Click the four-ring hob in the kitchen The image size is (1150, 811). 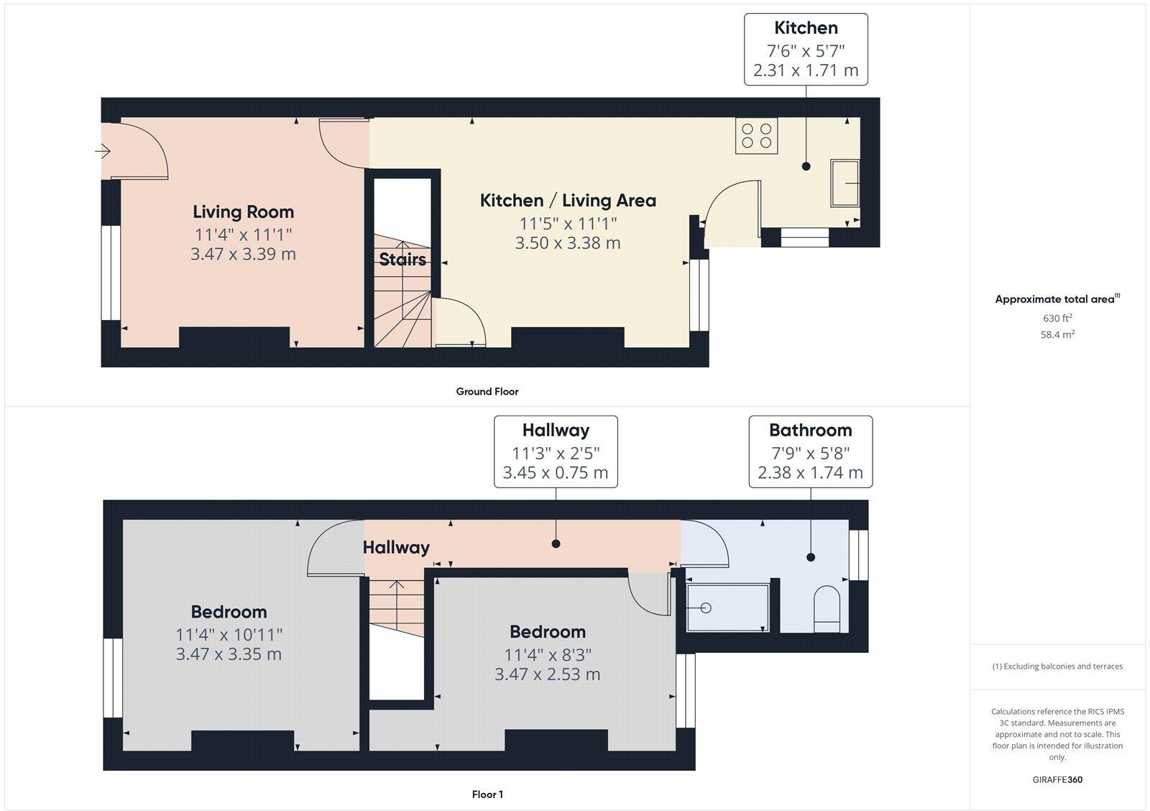tap(756, 137)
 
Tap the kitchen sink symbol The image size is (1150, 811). tap(845, 183)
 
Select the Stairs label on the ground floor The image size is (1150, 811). tap(402, 260)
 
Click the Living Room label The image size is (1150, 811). tap(243, 212)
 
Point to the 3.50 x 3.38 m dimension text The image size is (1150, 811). tap(567, 243)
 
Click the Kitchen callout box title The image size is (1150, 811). tap(806, 28)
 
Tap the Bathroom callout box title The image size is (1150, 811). tap(810, 430)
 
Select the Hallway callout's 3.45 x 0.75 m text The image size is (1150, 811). tap(555, 472)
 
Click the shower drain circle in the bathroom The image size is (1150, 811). tap(705, 608)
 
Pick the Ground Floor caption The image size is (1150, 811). tap(487, 392)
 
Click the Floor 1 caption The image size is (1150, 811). tap(487, 794)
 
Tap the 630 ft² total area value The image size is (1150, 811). tap(1057, 318)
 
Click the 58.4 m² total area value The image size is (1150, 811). tap(1057, 334)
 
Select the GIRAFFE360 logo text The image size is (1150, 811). tap(1057, 779)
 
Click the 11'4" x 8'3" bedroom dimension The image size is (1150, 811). tap(547, 655)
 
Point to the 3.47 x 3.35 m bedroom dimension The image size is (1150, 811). tap(229, 654)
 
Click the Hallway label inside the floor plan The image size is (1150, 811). tap(396, 548)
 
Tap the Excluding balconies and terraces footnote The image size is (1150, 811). tap(1057, 666)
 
